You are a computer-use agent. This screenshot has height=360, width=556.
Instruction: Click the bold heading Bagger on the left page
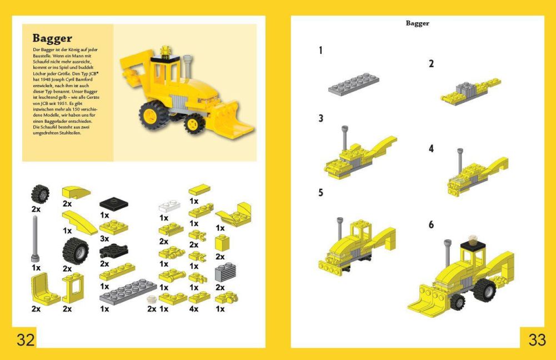coord(52,38)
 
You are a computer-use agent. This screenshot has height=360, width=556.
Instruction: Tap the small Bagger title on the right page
coord(417,23)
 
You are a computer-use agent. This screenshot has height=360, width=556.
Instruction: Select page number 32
coord(26,339)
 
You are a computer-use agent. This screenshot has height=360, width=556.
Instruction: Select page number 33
coord(537,339)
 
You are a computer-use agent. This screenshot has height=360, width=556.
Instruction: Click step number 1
coord(320,51)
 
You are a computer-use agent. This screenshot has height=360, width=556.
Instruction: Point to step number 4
coord(431,148)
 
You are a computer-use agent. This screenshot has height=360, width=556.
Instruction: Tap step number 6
coord(431,224)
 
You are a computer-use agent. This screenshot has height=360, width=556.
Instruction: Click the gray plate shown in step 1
coord(353,83)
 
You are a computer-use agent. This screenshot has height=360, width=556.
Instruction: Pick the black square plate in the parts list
coord(114,203)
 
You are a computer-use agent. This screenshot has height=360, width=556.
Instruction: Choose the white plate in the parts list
coord(169,207)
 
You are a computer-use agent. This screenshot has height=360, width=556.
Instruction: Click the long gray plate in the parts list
coord(128,292)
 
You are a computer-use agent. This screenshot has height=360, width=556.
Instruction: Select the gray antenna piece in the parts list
coord(35,239)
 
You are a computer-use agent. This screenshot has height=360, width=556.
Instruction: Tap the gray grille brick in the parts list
coord(225,272)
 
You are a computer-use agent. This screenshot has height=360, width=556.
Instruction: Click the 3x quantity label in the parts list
coord(104,239)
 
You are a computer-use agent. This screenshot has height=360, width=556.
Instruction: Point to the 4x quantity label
coord(194,309)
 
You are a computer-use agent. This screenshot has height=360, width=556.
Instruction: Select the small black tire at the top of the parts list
coord(40,194)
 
